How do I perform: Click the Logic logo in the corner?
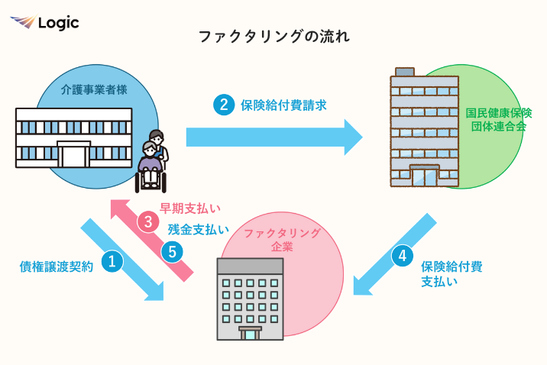44,22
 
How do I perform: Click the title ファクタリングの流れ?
273,36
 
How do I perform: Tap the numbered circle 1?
112,262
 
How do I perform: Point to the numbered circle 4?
402,257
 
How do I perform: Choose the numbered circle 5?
172,250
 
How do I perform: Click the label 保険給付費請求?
283,105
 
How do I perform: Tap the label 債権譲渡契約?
56,266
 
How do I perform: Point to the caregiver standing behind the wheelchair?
157,147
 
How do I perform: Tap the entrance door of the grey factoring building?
250,334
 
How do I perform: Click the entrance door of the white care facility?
75,156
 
